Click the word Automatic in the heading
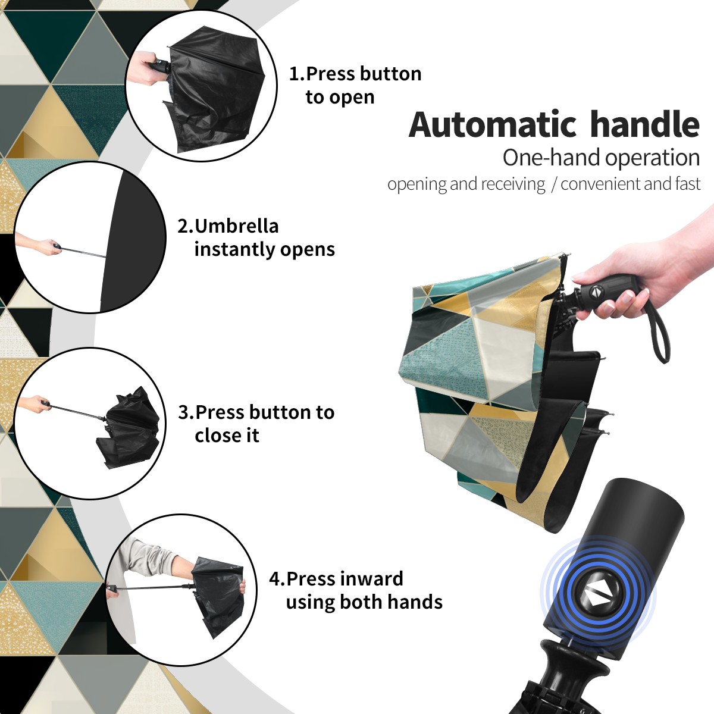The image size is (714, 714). [493, 125]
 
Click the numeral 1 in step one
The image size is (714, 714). [293, 74]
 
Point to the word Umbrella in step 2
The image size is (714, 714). [237, 226]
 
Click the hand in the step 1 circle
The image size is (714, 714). [143, 68]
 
